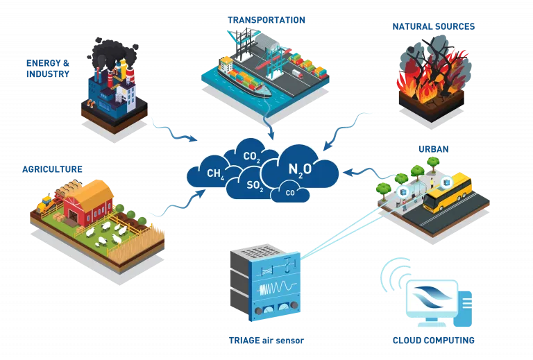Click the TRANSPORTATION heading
266,20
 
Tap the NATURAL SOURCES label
433,26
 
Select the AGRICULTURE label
52,169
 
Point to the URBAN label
433,149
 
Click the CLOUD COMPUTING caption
433,341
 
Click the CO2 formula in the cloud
252,157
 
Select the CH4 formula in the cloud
216,174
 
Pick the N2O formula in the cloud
300,169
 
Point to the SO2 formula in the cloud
255,186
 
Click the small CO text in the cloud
290,193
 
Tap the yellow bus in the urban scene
447,193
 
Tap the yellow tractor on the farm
45,204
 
